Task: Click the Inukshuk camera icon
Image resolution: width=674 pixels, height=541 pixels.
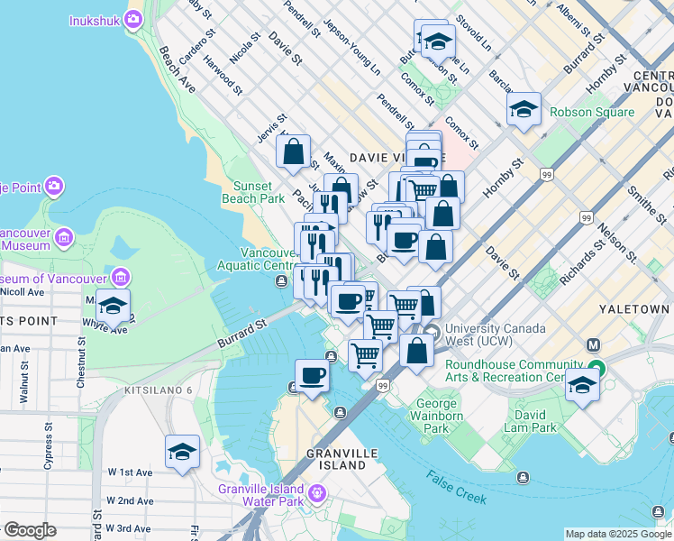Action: point(133,19)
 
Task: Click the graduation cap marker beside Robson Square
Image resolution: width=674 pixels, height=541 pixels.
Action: point(524,110)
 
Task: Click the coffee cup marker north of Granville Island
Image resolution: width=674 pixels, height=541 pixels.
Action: point(313,375)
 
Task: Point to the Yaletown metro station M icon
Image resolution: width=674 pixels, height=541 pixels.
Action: point(593,344)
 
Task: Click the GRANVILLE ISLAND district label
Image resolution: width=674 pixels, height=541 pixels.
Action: point(337,459)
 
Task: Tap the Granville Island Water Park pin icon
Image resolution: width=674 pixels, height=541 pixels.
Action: point(316,493)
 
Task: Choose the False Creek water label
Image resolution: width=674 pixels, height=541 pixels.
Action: point(457,488)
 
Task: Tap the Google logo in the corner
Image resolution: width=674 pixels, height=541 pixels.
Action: point(29,530)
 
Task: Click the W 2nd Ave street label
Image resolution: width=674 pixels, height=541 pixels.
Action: point(130,500)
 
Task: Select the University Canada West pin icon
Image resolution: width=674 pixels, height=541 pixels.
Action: point(432,332)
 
